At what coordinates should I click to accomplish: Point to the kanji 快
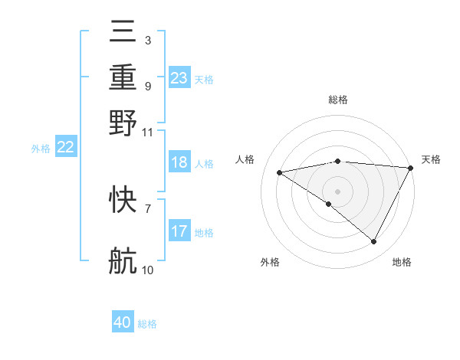pyautogui.click(x=123, y=200)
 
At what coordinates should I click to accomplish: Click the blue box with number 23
pyautogui.click(x=179, y=77)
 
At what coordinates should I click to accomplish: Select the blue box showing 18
pyautogui.click(x=179, y=162)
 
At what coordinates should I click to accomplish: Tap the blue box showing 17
pyautogui.click(x=179, y=231)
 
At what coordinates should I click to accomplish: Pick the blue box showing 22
pyautogui.click(x=66, y=147)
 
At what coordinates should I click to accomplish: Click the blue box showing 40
pyautogui.click(x=123, y=322)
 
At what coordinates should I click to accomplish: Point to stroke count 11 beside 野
pyautogui.click(x=148, y=132)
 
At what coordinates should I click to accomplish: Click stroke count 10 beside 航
pyautogui.click(x=148, y=270)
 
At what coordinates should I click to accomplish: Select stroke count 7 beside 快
pyautogui.click(x=148, y=208)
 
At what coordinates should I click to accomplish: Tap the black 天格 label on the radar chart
pyautogui.click(x=431, y=159)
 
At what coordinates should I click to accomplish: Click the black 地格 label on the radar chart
pyautogui.click(x=402, y=262)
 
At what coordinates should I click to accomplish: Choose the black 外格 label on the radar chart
pyautogui.click(x=270, y=262)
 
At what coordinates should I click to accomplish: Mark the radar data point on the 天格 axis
pyautogui.click(x=411, y=168)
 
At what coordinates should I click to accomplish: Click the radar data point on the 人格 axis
pyautogui.click(x=280, y=172)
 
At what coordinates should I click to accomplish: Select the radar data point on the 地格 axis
pyautogui.click(x=374, y=241)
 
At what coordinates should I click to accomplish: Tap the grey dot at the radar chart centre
pyautogui.click(x=337, y=191)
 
